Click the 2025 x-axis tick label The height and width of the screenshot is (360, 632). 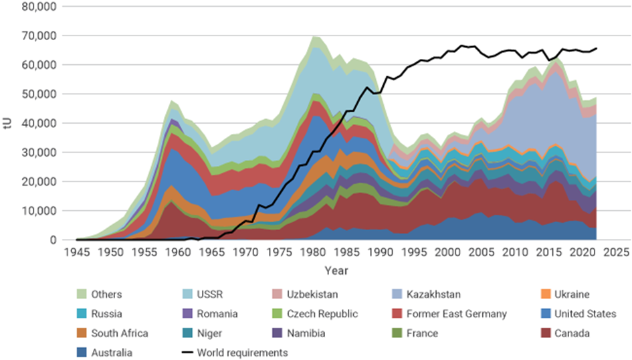click(618, 253)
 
